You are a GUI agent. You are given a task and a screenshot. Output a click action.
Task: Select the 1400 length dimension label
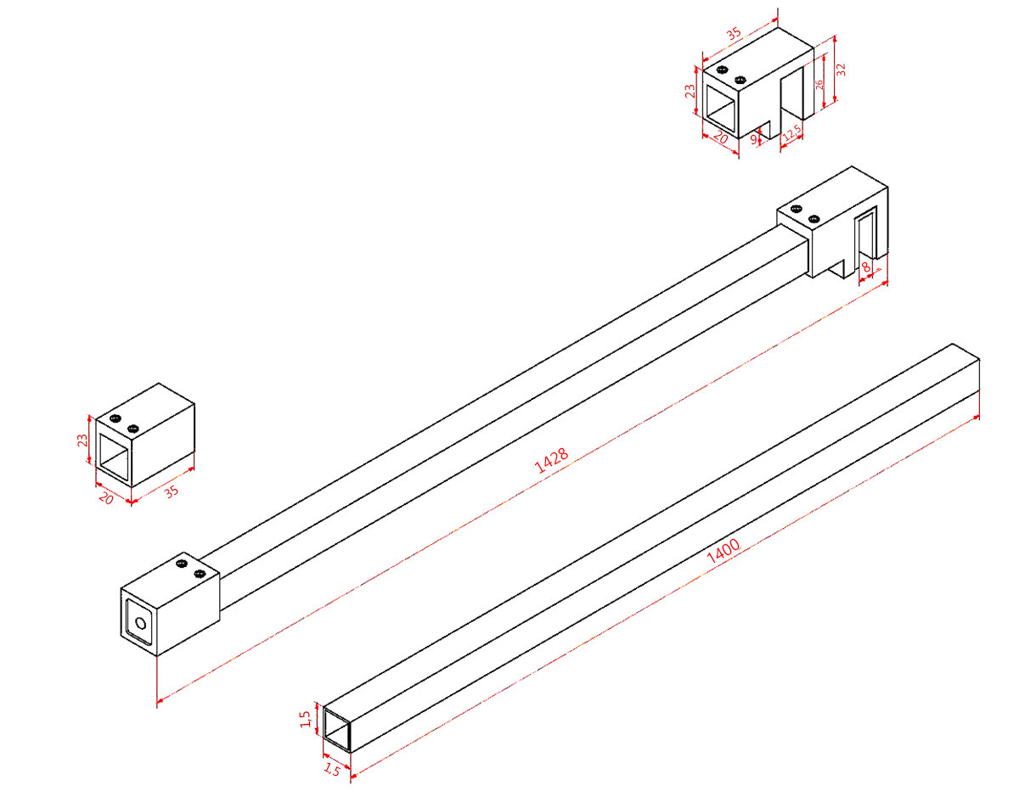(x=723, y=552)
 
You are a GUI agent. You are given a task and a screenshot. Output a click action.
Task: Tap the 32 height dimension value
(x=840, y=70)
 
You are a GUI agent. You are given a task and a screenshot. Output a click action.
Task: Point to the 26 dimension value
(x=819, y=84)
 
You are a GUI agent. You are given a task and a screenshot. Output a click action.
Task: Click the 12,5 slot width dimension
(x=791, y=133)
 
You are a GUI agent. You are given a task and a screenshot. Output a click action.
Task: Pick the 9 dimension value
(x=753, y=139)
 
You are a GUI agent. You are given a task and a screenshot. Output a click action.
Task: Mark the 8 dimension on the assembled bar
(x=866, y=267)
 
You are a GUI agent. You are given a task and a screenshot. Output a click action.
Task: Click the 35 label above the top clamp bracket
(x=734, y=35)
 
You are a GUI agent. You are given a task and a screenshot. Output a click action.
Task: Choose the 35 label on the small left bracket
(x=172, y=491)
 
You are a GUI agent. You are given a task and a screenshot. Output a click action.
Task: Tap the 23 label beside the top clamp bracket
(x=690, y=91)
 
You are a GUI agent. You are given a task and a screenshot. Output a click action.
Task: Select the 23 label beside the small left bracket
(x=82, y=441)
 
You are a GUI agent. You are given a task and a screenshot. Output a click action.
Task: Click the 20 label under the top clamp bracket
(x=720, y=138)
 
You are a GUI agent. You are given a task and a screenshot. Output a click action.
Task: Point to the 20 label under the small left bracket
(x=106, y=497)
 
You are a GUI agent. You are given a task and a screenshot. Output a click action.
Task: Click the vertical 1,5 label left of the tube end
(x=306, y=719)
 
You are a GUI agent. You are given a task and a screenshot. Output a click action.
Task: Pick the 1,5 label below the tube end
(x=332, y=770)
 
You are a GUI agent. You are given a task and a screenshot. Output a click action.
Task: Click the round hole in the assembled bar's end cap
(x=141, y=624)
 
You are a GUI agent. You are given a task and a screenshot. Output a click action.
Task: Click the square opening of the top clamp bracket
(x=720, y=108)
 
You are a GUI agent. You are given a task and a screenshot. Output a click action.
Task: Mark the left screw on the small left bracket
(x=115, y=418)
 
